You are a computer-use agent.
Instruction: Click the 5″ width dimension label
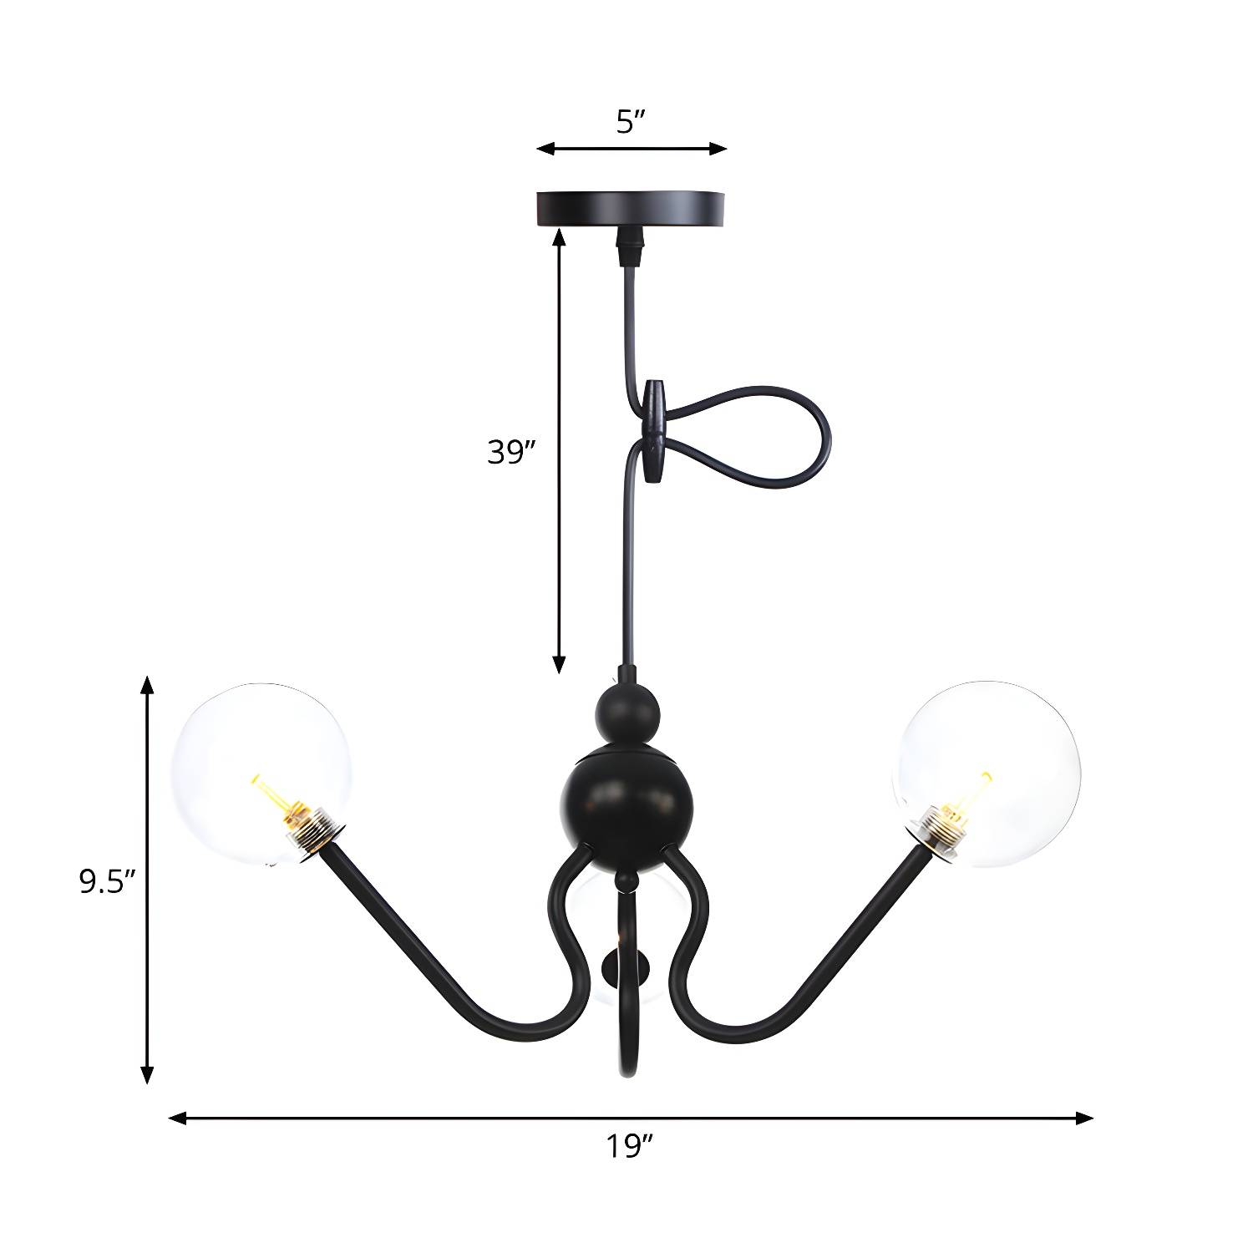[632, 124]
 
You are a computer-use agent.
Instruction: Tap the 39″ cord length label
[511, 452]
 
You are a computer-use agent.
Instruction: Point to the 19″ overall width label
[629, 1146]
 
